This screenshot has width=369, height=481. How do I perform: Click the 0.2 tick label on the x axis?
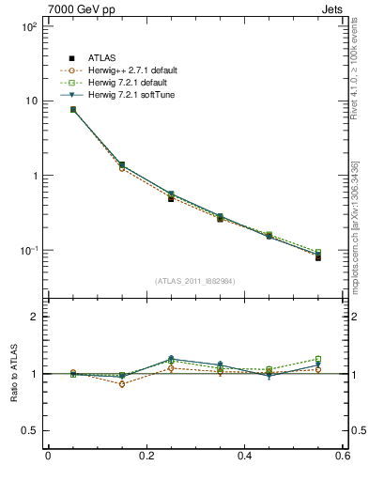(146, 457)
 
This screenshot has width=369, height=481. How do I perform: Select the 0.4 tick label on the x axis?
(245, 457)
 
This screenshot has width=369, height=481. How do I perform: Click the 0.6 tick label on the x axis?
(343, 457)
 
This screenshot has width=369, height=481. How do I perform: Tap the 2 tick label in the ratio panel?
(34, 317)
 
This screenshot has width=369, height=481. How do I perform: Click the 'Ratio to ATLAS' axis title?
(11, 373)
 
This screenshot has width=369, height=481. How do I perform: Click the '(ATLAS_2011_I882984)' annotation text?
(195, 281)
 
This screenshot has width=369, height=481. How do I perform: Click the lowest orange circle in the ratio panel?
(122, 383)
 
